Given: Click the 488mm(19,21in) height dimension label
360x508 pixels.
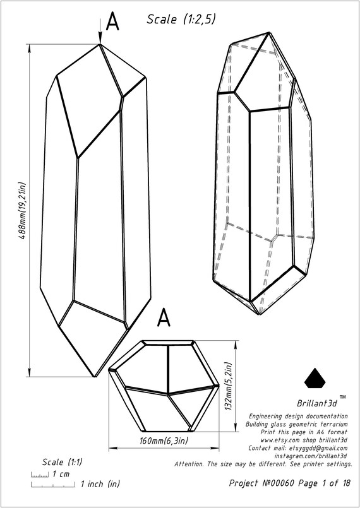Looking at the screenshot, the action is [23, 211].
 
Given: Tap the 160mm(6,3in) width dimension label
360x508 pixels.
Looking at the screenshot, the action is [164, 441].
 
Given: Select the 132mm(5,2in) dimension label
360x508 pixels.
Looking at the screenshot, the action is [229, 386].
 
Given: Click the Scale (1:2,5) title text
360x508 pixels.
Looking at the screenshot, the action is [181, 20].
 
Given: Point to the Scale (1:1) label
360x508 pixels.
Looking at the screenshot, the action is [63, 463].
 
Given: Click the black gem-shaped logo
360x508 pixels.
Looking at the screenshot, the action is [315, 378].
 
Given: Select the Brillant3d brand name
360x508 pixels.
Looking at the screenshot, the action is [318, 404].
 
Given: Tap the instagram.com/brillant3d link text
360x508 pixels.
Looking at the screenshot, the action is [311, 456].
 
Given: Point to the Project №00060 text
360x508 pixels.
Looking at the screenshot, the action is [261, 483].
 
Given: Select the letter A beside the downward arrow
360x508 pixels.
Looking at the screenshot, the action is [112, 22].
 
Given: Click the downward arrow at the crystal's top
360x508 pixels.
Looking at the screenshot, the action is [100, 30].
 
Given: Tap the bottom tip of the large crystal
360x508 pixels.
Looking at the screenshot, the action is [94, 377].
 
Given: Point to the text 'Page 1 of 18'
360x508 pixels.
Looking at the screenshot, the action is [325, 483].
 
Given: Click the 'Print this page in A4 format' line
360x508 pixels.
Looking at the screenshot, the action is [304, 432].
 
